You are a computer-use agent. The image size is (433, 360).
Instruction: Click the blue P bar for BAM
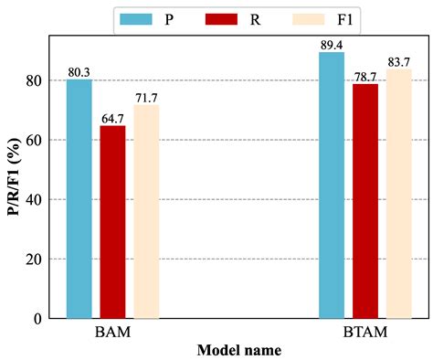[x=79, y=199]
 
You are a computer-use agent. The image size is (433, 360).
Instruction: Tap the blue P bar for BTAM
[x=332, y=185]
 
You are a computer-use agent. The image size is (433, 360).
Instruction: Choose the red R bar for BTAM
[x=364, y=201]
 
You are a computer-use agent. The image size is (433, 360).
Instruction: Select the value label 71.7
[x=147, y=98]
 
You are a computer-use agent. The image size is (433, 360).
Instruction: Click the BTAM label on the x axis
[x=364, y=333]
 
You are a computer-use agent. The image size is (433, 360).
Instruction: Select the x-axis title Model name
[x=238, y=350]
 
